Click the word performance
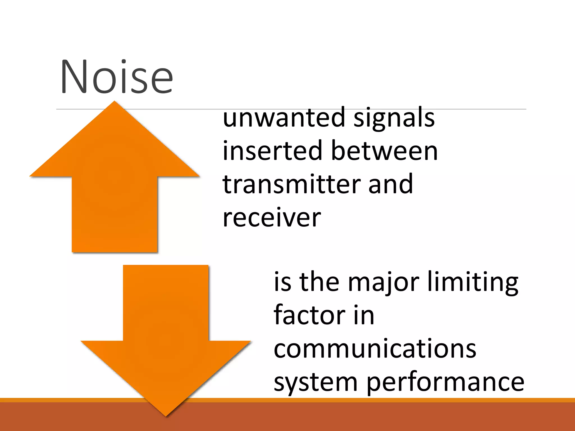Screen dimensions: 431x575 [445, 383]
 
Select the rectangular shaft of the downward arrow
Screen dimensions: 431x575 [166, 303]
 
